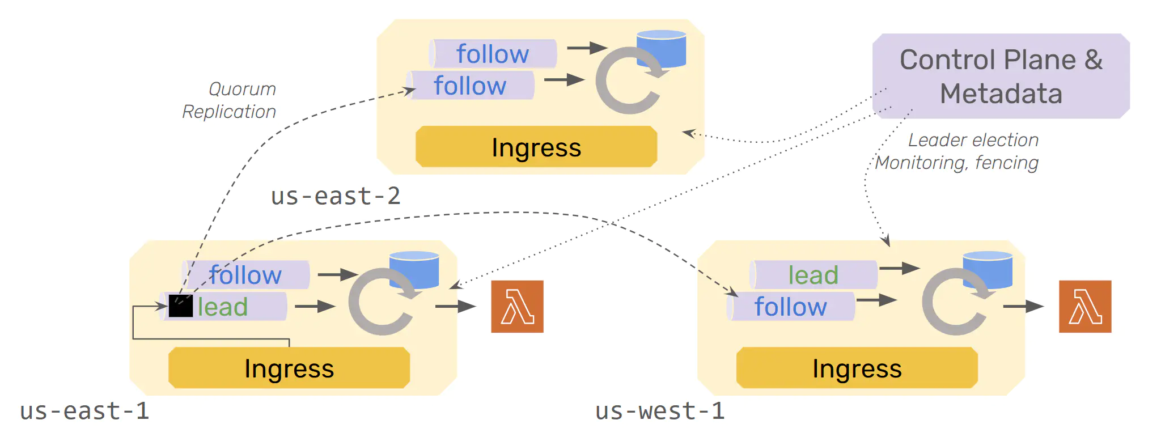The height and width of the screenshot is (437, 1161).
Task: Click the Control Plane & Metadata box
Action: (1001, 76)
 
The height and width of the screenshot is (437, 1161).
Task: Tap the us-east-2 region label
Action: (336, 196)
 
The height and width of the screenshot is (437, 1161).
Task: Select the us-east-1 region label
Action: (84, 411)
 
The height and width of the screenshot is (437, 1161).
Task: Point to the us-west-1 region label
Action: (660, 411)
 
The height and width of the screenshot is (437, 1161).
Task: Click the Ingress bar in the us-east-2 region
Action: (536, 147)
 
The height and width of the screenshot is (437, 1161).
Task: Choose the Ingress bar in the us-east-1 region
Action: (289, 368)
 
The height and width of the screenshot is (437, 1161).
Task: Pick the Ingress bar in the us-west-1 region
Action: (857, 368)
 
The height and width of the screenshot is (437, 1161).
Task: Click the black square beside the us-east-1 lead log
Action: (181, 306)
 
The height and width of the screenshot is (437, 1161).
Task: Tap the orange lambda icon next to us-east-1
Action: (517, 306)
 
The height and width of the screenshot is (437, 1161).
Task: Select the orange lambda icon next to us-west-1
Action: (1085, 306)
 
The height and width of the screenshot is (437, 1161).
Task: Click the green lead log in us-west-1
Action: (813, 275)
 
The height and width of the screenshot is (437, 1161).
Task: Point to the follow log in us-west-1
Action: (791, 307)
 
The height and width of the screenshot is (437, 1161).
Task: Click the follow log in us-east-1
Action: (245, 275)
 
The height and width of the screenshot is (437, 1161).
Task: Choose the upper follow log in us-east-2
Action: (493, 54)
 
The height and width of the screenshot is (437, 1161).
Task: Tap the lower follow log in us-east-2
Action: (470, 86)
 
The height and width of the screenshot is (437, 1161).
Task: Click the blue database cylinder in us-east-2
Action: (662, 48)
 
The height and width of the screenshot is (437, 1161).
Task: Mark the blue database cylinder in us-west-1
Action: (988, 269)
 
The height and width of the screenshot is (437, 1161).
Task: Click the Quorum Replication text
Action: (230, 100)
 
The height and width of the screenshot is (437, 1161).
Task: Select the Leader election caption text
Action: (973, 140)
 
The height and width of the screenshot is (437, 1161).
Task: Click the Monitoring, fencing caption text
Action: (957, 163)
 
